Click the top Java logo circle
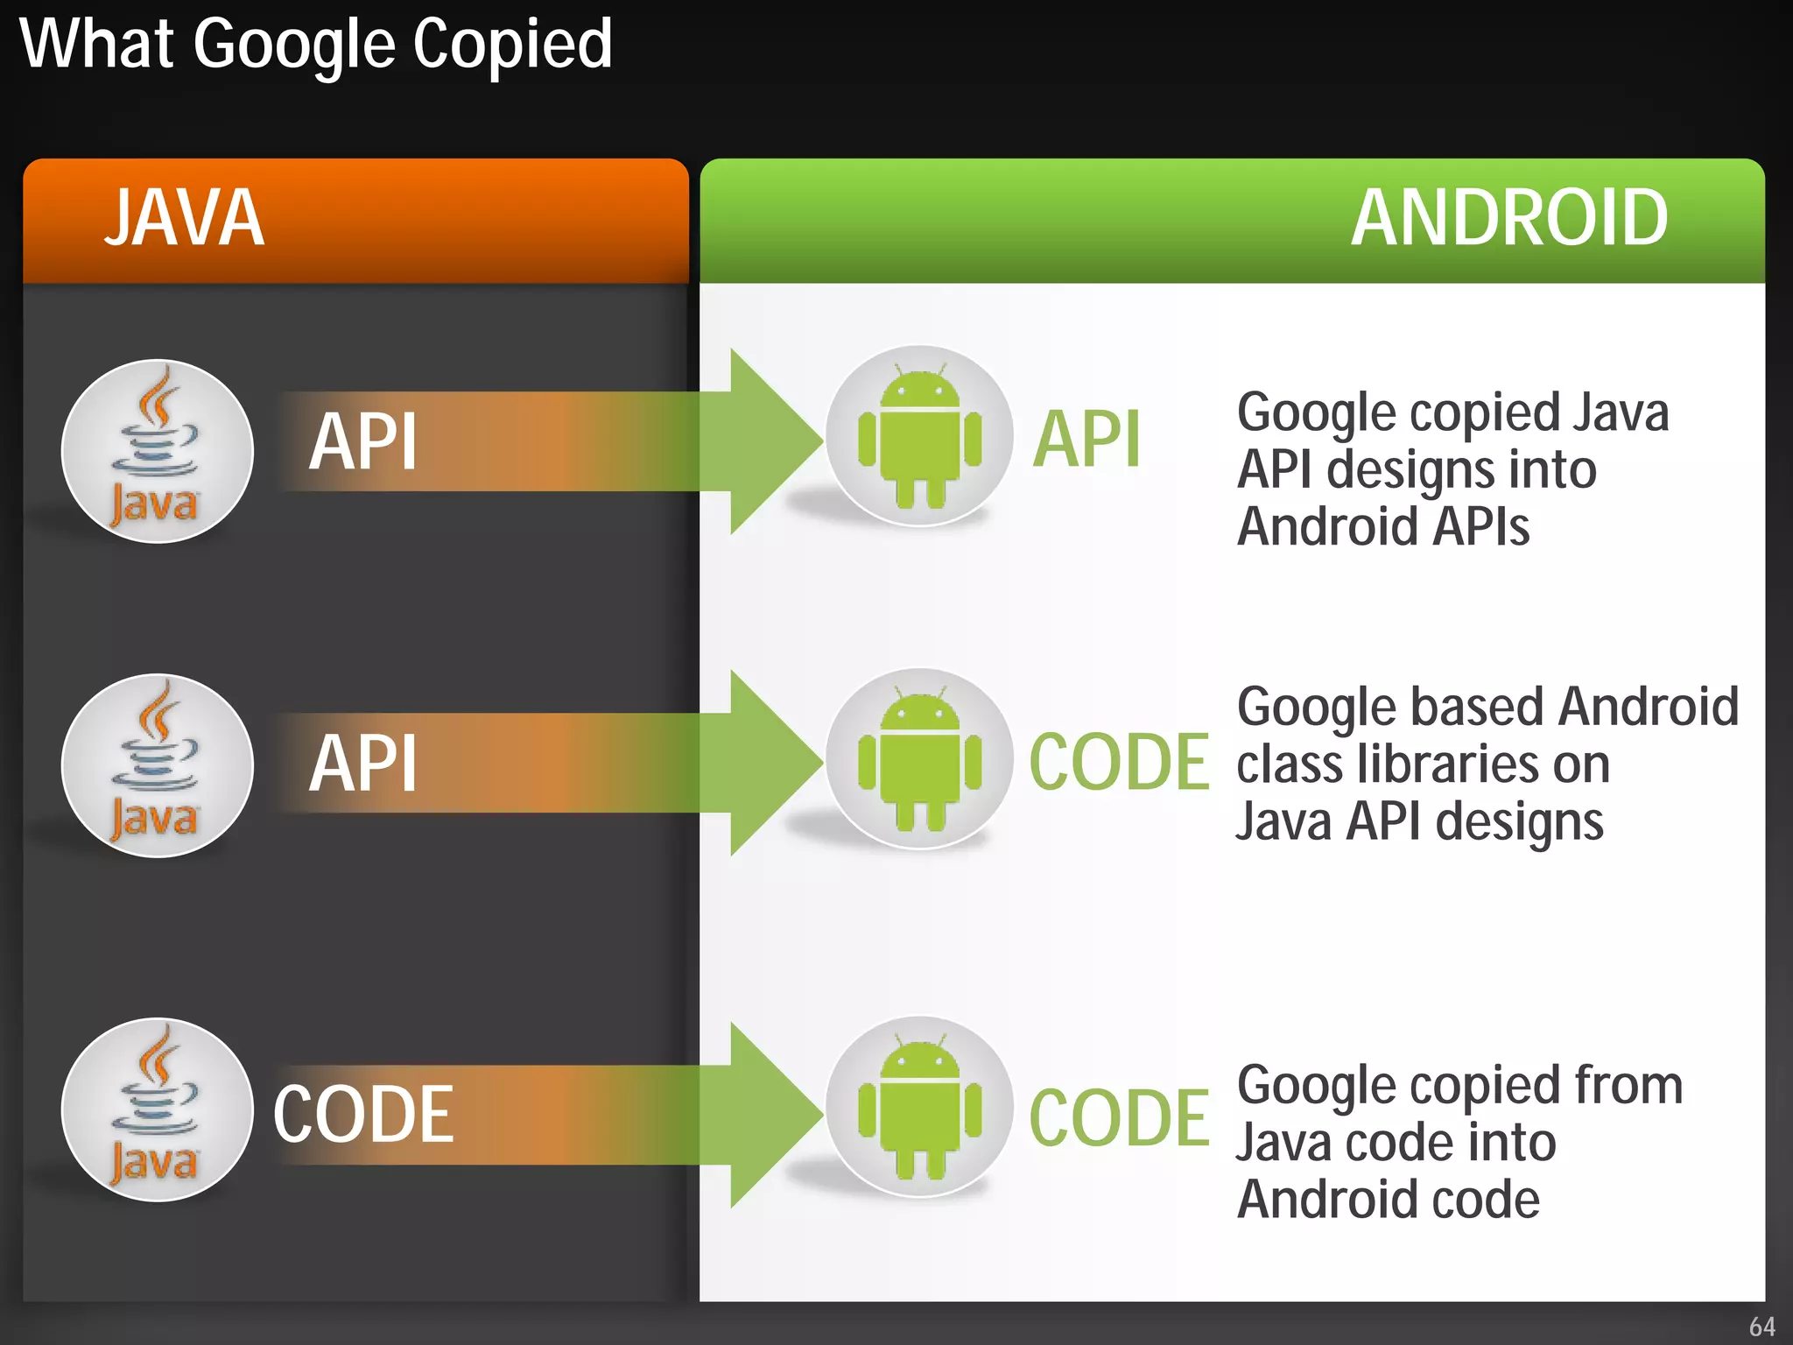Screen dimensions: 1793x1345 (158, 451)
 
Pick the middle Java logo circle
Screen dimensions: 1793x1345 (158, 765)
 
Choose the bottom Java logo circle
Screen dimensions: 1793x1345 (158, 1109)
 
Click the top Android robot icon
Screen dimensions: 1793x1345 (919, 437)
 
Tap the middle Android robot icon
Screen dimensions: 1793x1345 (919, 759)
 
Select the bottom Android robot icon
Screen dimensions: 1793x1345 (919, 1107)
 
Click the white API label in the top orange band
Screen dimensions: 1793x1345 (362, 441)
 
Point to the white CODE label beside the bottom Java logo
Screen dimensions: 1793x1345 (363, 1114)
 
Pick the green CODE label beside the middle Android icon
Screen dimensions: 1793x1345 (1119, 762)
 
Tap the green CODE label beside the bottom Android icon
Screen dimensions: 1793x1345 (1119, 1117)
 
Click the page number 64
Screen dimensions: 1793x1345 (1761, 1327)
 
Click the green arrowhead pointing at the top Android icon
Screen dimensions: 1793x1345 (770, 440)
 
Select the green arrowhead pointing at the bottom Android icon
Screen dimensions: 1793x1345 (770, 1115)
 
